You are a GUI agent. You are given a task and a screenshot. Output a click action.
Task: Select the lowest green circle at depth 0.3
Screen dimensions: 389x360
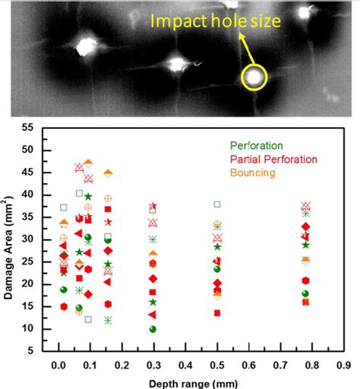(x=153, y=329)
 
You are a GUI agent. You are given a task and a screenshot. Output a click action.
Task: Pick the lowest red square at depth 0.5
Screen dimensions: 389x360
(x=217, y=312)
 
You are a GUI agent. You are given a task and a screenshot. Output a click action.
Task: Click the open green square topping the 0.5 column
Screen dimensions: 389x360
(x=217, y=204)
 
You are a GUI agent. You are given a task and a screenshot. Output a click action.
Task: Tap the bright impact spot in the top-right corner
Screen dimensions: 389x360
(x=305, y=12)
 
